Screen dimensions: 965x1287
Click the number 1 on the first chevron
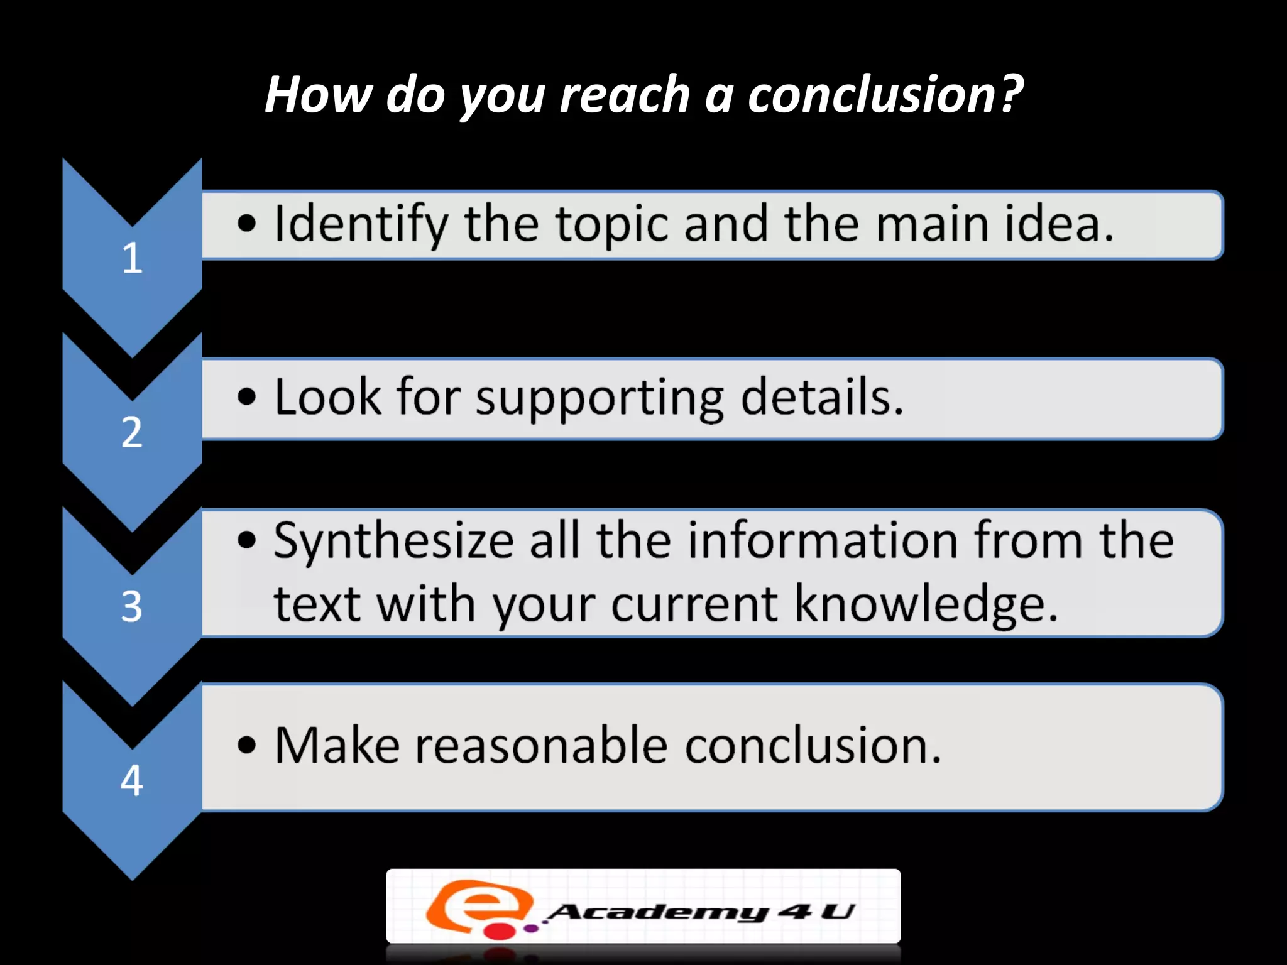(132, 258)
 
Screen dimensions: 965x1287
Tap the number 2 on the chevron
(132, 432)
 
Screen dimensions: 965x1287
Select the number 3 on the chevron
(132, 606)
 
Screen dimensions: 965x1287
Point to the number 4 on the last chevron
(132, 780)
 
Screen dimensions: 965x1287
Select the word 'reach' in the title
(625, 94)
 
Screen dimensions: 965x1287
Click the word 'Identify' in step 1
(361, 224)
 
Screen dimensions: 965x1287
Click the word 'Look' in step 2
(327, 397)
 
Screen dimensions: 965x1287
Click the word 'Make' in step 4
(337, 746)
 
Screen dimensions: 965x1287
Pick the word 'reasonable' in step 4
(541, 746)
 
